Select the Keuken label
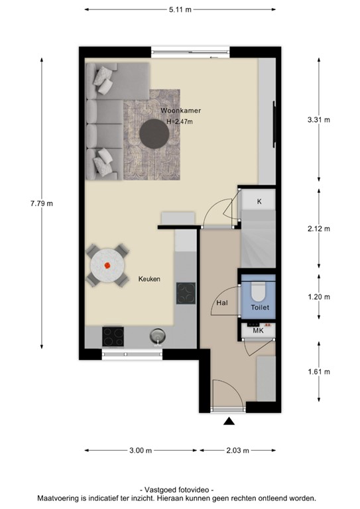click(x=149, y=279)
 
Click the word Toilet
click(x=260, y=308)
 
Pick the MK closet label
click(x=259, y=329)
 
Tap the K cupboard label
click(x=259, y=200)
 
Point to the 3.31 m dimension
click(x=319, y=119)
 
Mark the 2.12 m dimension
click(x=319, y=229)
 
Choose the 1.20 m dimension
click(x=319, y=296)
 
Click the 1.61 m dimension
click(x=319, y=371)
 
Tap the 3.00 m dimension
click(x=141, y=451)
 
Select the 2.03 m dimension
click(x=237, y=451)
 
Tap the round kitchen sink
click(x=157, y=335)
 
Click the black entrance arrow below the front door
click(x=229, y=422)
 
